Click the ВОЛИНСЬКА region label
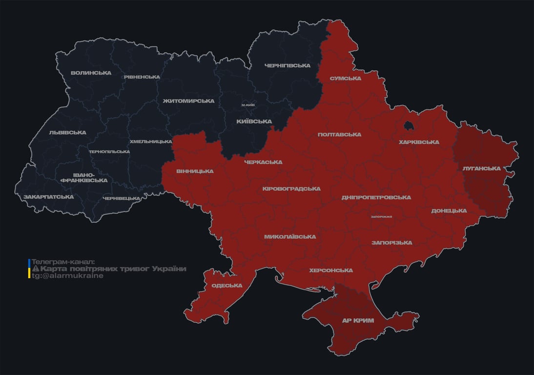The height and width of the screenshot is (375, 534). tap(91, 73)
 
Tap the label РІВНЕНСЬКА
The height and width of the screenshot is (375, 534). tap(142, 77)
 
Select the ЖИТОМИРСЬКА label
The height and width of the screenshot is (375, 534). tap(188, 101)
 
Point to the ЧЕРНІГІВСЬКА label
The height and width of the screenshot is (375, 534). tap(288, 66)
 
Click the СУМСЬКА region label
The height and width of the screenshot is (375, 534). tap(345, 78)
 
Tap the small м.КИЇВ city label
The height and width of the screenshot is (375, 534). tap(248, 105)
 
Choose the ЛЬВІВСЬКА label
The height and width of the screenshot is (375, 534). tap(67, 133)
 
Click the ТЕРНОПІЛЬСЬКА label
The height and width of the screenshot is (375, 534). tap(109, 151)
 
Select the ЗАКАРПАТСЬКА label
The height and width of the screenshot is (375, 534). tap(49, 197)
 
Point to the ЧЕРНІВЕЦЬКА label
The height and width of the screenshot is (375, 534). tap(122, 198)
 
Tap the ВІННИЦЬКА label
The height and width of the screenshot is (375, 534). tap(195, 171)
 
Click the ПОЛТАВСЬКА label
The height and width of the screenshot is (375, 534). tap(339, 135)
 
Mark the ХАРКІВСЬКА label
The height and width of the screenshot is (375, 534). tap(419, 143)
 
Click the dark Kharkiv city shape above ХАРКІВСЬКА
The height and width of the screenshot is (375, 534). tap(408, 126)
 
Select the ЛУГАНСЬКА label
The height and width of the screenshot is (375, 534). tap(482, 168)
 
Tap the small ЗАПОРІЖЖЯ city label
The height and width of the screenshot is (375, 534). tap(382, 217)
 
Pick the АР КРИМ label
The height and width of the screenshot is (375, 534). tap(358, 321)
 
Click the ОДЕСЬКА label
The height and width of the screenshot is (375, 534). tap(227, 286)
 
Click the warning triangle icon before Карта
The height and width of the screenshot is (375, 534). tap(35, 269)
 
